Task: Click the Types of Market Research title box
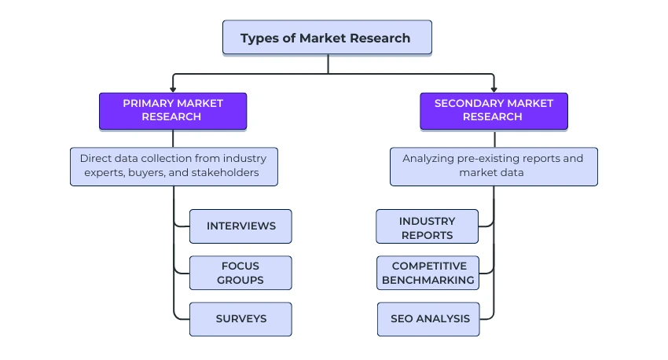pyautogui.click(x=327, y=38)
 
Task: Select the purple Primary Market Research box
pyautogui.click(x=173, y=111)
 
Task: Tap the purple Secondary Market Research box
pyautogui.click(x=494, y=111)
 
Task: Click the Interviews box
pyautogui.click(x=240, y=226)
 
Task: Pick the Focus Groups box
pyautogui.click(x=240, y=273)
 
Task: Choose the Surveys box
pyautogui.click(x=240, y=319)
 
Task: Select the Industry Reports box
pyautogui.click(x=427, y=227)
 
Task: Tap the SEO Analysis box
pyautogui.click(x=428, y=319)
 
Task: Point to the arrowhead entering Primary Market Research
pyautogui.click(x=173, y=90)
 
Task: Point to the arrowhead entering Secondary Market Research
pyautogui.click(x=494, y=90)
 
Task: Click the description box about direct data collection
pyautogui.click(x=173, y=166)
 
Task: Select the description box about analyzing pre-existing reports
pyautogui.click(x=494, y=166)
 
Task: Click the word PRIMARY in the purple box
pyautogui.click(x=147, y=104)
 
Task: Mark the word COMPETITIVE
pyautogui.click(x=429, y=266)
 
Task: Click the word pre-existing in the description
pyautogui.click(x=495, y=159)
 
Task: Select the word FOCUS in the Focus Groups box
pyautogui.click(x=240, y=266)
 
